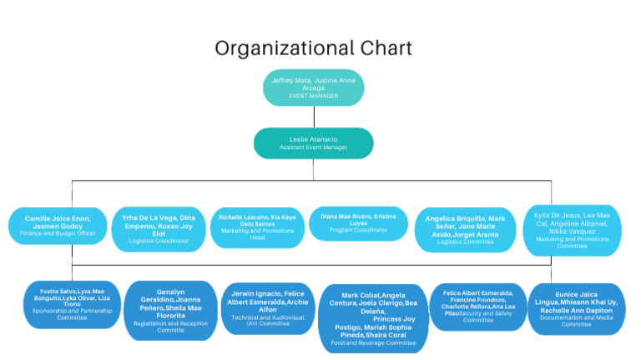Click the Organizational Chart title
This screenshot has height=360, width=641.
(x=313, y=48)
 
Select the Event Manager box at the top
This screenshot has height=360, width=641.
(x=313, y=87)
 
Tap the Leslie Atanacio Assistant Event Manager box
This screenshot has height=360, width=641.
(x=313, y=143)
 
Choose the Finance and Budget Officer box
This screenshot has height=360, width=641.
(x=58, y=226)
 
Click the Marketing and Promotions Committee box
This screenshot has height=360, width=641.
(x=573, y=230)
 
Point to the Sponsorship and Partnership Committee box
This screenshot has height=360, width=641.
(x=72, y=305)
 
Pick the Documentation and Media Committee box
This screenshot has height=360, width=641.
(x=576, y=308)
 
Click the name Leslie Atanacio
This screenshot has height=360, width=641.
(x=313, y=139)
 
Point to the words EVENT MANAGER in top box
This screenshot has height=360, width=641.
(x=313, y=96)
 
